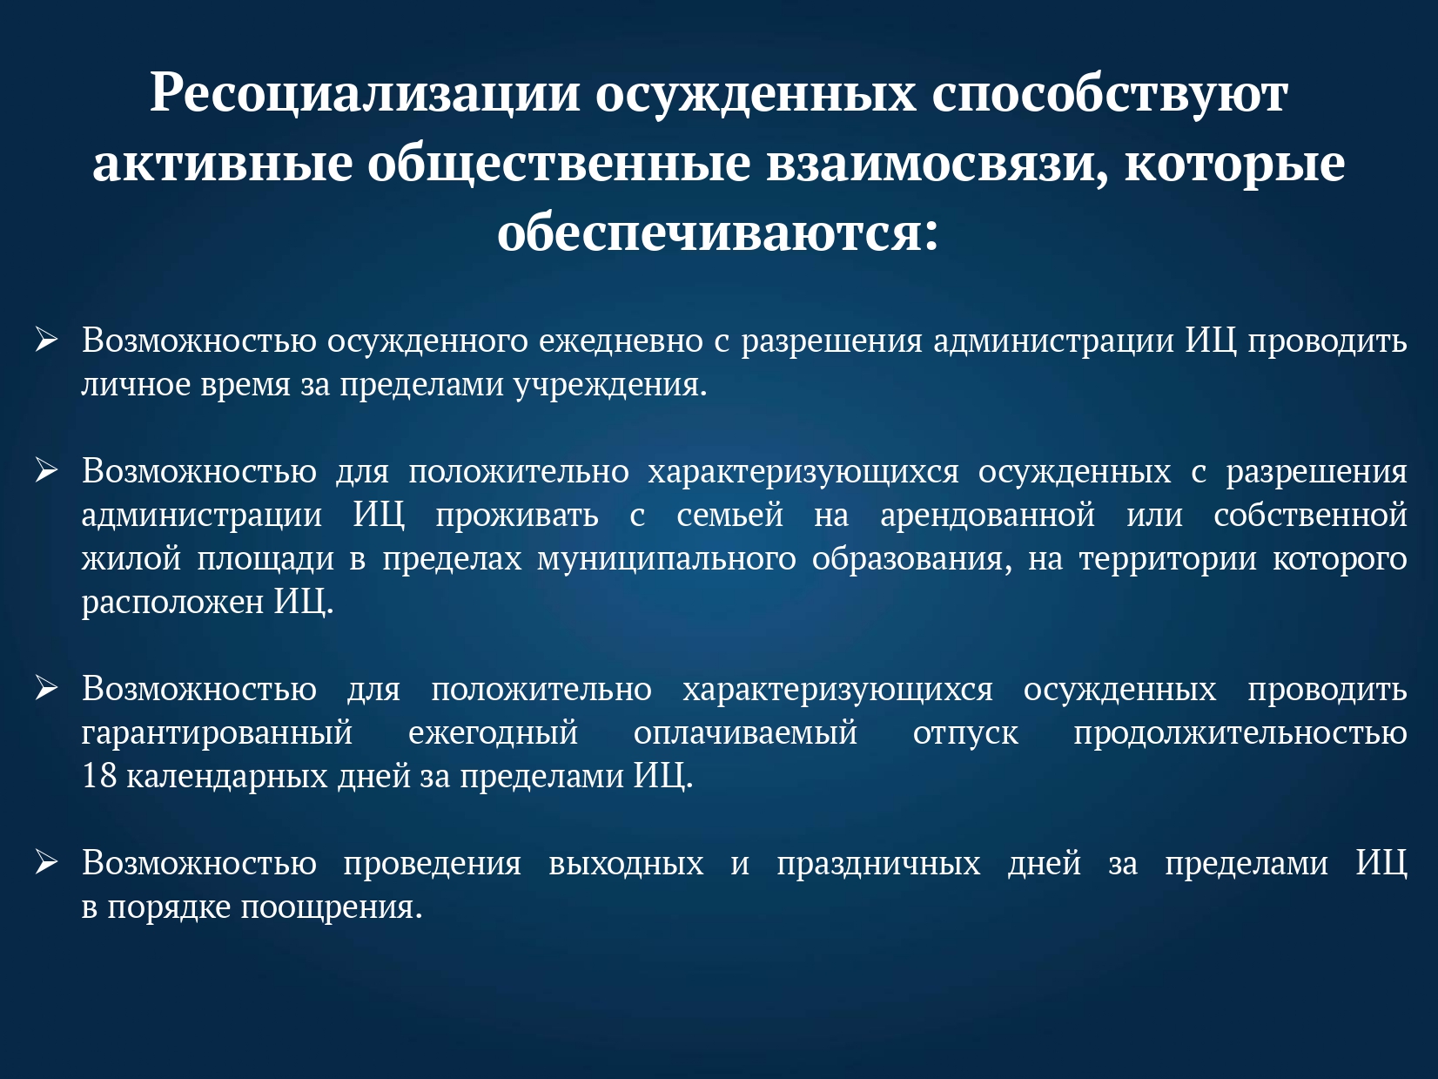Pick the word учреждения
click(x=610, y=385)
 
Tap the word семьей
click(x=729, y=515)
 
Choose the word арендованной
click(x=988, y=515)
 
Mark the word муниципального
click(x=667, y=559)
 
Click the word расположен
click(x=172, y=602)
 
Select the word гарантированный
click(x=217, y=733)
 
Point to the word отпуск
click(x=965, y=733)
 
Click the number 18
click(x=99, y=776)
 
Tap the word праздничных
click(x=878, y=864)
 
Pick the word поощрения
click(x=332, y=907)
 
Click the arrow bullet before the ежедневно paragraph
click(x=46, y=341)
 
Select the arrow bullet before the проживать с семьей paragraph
click(x=46, y=471)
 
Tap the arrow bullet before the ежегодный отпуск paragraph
click(x=46, y=689)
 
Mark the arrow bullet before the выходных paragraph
click(x=46, y=864)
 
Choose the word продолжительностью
click(x=1240, y=733)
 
